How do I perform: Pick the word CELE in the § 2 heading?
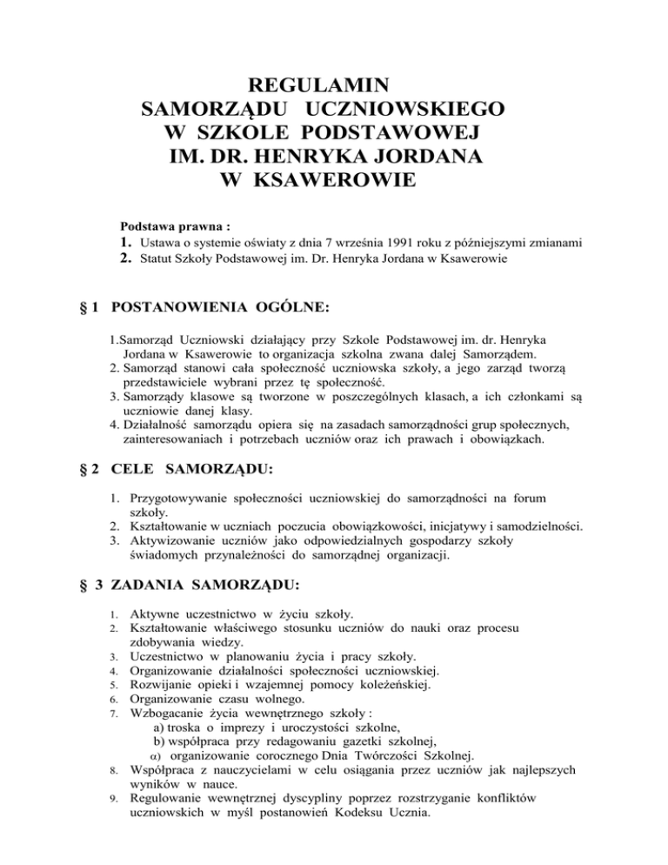click(141, 468)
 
